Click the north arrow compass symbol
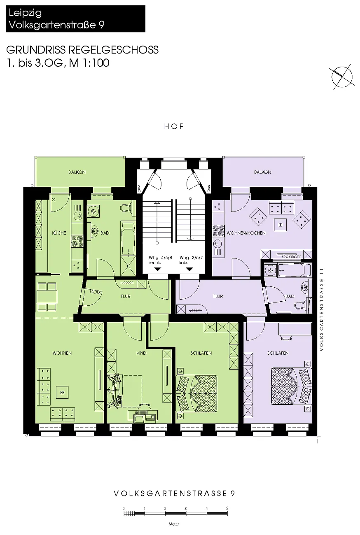[342, 77]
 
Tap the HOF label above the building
[174, 126]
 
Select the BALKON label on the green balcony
[77, 172]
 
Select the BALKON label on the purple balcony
[262, 172]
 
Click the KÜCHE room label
[59, 233]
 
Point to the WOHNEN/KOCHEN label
[246, 233]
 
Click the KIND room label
[141, 353]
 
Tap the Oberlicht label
[291, 256]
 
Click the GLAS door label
[96, 292]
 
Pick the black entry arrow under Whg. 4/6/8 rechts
[157, 270]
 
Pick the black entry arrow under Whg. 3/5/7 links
[189, 270]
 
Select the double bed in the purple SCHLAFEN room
[291, 386]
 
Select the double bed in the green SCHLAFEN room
[196, 393]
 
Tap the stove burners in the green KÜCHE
[77, 241]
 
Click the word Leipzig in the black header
[25, 13]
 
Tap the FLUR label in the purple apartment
[218, 296]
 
